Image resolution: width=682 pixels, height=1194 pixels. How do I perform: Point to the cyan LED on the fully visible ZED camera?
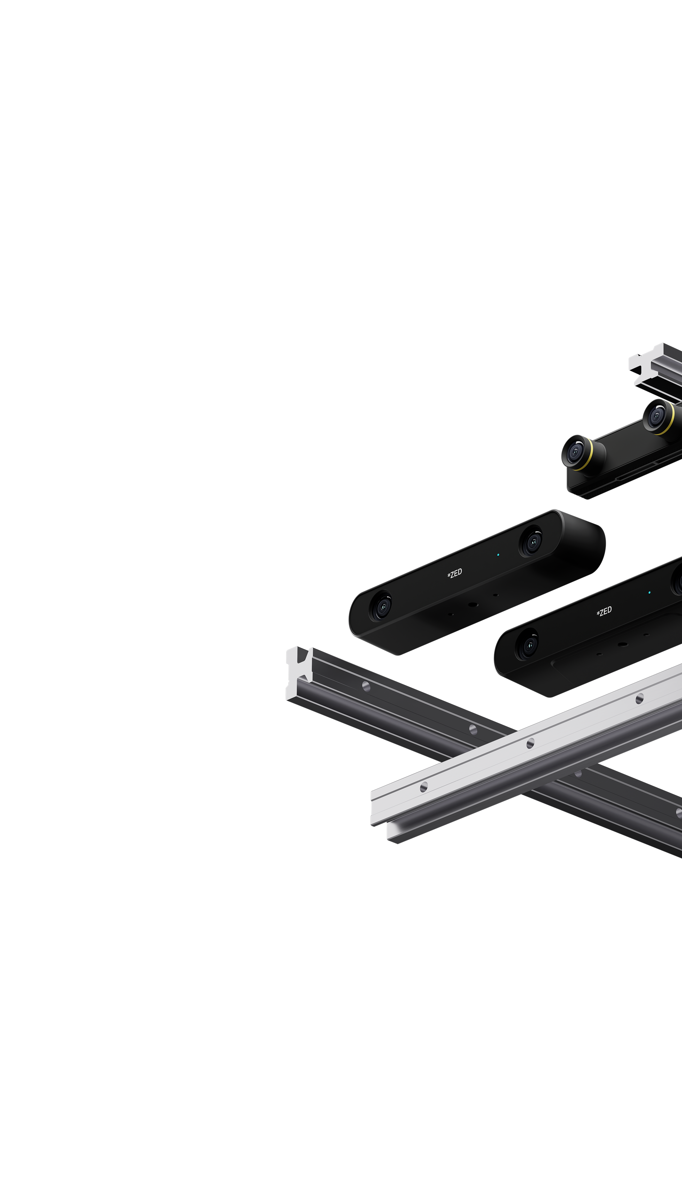pyautogui.click(x=498, y=554)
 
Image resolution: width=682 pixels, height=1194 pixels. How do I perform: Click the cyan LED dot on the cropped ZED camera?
pyautogui.click(x=649, y=592)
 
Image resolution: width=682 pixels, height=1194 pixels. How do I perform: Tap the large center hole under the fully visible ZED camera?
pyautogui.click(x=473, y=604)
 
